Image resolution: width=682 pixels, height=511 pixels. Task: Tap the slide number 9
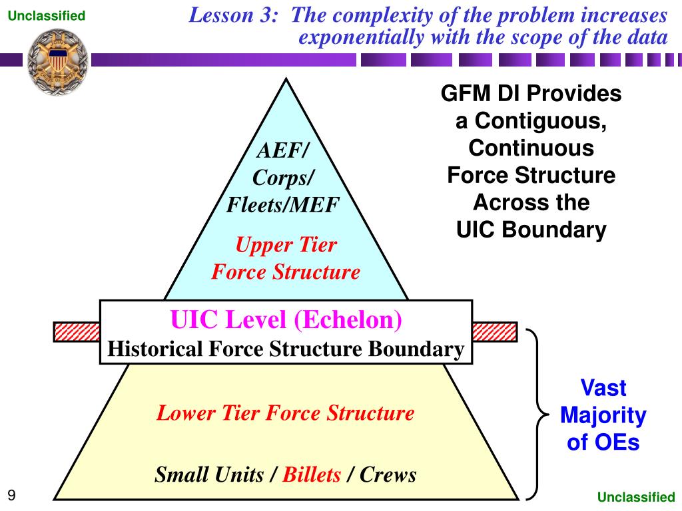tap(11, 494)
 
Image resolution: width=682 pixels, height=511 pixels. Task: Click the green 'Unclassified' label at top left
tap(47, 15)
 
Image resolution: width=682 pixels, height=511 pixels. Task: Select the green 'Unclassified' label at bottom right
tap(635, 496)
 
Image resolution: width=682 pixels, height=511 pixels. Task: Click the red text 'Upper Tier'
tap(286, 246)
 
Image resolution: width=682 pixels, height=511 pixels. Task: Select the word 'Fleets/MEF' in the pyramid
tap(283, 205)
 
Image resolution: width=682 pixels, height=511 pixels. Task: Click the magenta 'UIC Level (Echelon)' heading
tap(286, 321)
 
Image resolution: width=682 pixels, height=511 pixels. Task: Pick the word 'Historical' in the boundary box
tap(154, 349)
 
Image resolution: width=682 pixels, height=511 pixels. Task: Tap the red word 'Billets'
tap(312, 474)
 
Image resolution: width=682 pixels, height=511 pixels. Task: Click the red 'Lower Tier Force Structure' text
tap(285, 413)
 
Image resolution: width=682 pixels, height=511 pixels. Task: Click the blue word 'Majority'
tap(603, 415)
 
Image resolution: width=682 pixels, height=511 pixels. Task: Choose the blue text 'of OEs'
tap(603, 442)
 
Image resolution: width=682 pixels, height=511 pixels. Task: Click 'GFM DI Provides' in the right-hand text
tap(531, 94)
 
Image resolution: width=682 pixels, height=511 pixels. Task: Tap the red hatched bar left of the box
tap(76, 331)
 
